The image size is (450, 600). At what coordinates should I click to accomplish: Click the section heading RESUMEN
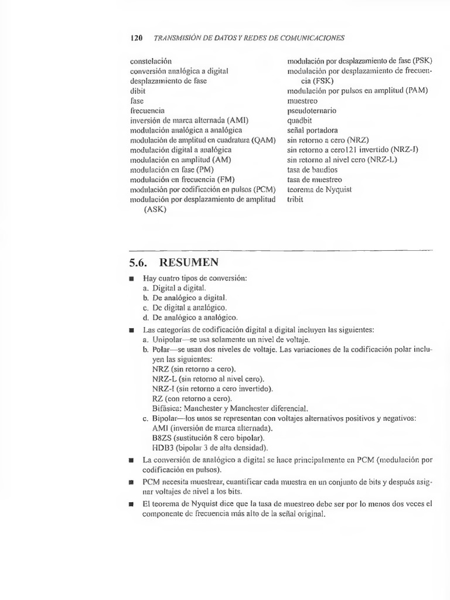[x=187, y=262]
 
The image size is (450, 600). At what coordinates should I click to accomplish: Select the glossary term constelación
[x=151, y=61]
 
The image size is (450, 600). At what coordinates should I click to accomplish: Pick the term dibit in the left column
[x=138, y=91]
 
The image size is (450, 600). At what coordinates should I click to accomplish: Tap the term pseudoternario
[x=312, y=110]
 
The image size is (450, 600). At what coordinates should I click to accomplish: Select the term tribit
[x=296, y=199]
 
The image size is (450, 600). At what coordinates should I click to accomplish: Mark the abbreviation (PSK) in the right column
[x=422, y=61]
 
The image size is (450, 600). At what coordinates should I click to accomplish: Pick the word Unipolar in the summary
[x=168, y=339]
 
